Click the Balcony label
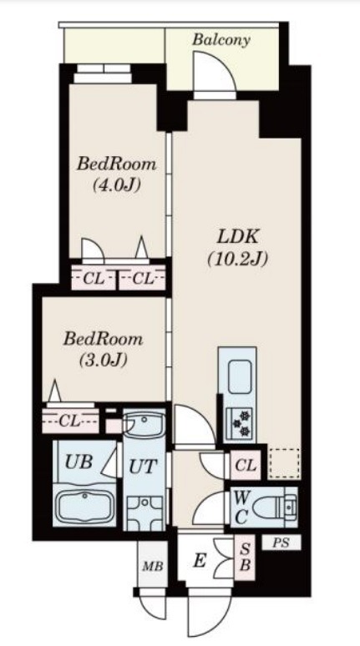coord(221,40)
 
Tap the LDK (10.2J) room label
coord(237,249)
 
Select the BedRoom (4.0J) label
coord(117,174)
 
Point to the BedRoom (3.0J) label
coord(103,350)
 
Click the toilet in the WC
coord(274,507)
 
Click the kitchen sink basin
coord(240,376)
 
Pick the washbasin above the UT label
coord(145,424)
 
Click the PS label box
coord(281,543)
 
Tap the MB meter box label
coord(153,566)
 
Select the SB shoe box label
coord(245,557)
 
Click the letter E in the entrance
coord(200,561)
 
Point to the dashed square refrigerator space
coord(284,463)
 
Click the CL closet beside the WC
coord(246,466)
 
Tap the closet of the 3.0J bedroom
coord(70,421)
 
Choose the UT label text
coord(143,467)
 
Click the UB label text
coord(79,462)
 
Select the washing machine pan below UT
coord(145,513)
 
